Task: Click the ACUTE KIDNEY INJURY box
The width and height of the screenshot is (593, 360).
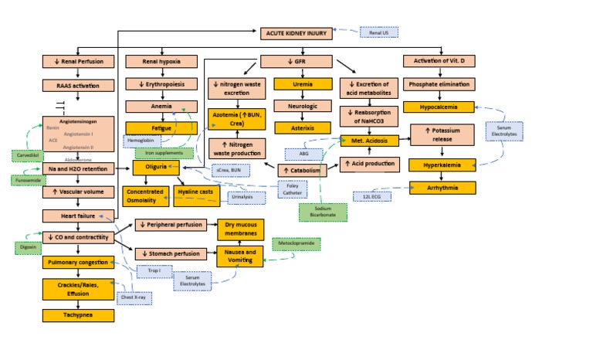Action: (298, 32)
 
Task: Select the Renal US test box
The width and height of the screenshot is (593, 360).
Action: (378, 32)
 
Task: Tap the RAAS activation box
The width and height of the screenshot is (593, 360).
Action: (78, 85)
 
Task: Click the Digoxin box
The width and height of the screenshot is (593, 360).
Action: (26, 247)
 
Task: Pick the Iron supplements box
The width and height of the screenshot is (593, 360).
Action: (164, 153)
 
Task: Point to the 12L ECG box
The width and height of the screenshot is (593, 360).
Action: (372, 196)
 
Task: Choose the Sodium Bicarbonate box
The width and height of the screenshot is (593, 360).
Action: (323, 212)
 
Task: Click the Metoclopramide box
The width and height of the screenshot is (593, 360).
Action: (296, 244)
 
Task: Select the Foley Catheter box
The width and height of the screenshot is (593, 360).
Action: (293, 188)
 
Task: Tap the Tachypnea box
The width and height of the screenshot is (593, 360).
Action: (78, 315)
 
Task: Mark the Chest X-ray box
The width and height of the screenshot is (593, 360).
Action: (133, 297)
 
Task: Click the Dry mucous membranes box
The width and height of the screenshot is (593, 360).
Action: (240, 229)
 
